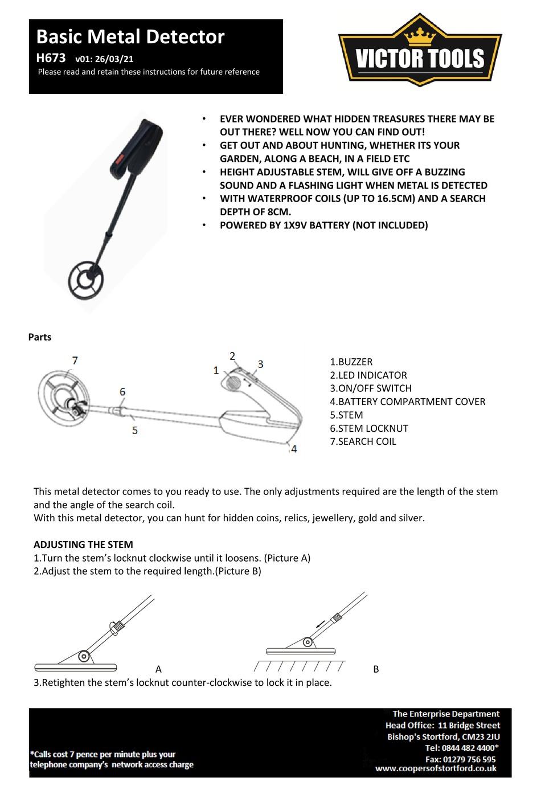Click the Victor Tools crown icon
(420, 36)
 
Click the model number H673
(51, 58)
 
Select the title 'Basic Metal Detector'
(130, 37)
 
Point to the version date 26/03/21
(114, 59)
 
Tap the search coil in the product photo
(86, 280)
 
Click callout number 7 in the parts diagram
(75, 361)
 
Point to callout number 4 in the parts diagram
(294, 449)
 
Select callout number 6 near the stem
(122, 392)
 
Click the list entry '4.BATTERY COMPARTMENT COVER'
(408, 402)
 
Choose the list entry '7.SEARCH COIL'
(363, 441)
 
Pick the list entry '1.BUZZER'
(351, 362)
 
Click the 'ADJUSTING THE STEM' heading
(83, 545)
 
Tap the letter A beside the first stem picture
(158, 669)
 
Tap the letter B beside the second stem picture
(376, 669)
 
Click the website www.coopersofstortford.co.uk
(436, 768)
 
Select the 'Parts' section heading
(40, 337)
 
